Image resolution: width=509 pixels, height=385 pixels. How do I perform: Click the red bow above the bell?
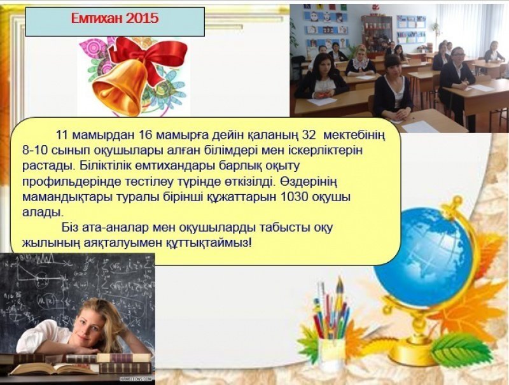150,55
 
